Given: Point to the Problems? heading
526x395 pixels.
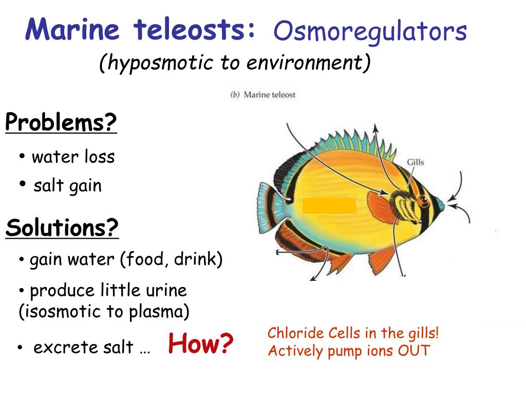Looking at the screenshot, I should pyautogui.click(x=61, y=123).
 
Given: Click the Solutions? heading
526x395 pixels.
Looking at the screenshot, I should pyautogui.click(x=62, y=227).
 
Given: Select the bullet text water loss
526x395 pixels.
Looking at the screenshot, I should pyautogui.click(x=73, y=156).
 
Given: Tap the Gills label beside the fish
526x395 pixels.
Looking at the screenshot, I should pyautogui.click(x=416, y=163).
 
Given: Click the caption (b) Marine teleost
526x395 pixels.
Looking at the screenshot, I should pyautogui.click(x=263, y=95).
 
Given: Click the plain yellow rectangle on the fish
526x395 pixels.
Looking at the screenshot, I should pyautogui.click(x=329, y=206).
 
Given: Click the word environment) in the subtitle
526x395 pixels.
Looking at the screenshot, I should pyautogui.click(x=308, y=63).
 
